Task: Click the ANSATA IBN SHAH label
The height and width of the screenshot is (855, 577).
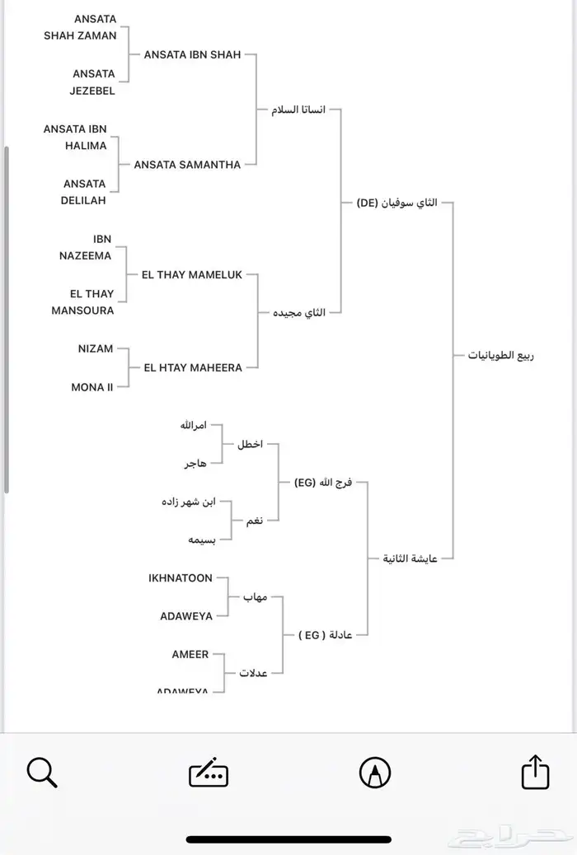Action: point(192,54)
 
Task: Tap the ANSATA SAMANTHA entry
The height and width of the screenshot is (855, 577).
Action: point(187,164)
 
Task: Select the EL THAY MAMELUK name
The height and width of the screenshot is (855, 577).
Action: point(192,274)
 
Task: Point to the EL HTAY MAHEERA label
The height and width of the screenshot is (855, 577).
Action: point(193,367)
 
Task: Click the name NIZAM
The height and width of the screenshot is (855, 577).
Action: point(96,348)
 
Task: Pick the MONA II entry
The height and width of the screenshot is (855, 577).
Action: point(92,386)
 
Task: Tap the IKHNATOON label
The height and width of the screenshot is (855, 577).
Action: point(181,578)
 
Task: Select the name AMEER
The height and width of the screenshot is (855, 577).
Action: point(190,654)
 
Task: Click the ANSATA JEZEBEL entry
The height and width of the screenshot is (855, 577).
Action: point(93,82)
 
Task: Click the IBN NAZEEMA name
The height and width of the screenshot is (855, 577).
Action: point(86,247)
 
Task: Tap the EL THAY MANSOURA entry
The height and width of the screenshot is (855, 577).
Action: point(83,302)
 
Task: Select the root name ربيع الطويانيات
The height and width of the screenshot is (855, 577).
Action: point(501,356)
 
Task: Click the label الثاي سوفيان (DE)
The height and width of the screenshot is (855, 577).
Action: point(397,202)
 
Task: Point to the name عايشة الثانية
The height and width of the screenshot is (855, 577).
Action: point(410,558)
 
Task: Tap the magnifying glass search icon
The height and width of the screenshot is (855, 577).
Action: point(41,773)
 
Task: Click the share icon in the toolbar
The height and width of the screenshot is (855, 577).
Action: point(535,773)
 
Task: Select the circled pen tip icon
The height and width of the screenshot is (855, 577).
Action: point(375,773)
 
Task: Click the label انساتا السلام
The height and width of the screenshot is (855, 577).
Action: point(298,110)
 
